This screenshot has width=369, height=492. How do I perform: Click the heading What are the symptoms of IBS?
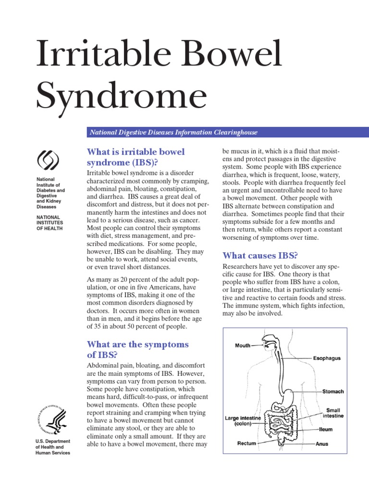[137, 350]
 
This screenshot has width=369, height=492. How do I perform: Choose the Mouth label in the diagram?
[243, 345]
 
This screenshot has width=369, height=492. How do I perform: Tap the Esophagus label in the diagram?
[327, 358]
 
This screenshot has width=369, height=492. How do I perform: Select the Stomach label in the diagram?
[332, 392]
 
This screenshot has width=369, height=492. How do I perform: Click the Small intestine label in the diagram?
[333, 413]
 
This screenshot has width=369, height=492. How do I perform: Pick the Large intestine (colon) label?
[243, 421]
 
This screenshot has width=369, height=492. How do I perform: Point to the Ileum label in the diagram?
[326, 429]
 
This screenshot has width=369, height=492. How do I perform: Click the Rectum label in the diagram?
[246, 443]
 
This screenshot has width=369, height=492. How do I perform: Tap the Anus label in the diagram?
[322, 444]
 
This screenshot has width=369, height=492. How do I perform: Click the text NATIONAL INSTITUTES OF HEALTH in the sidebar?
[50, 222]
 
